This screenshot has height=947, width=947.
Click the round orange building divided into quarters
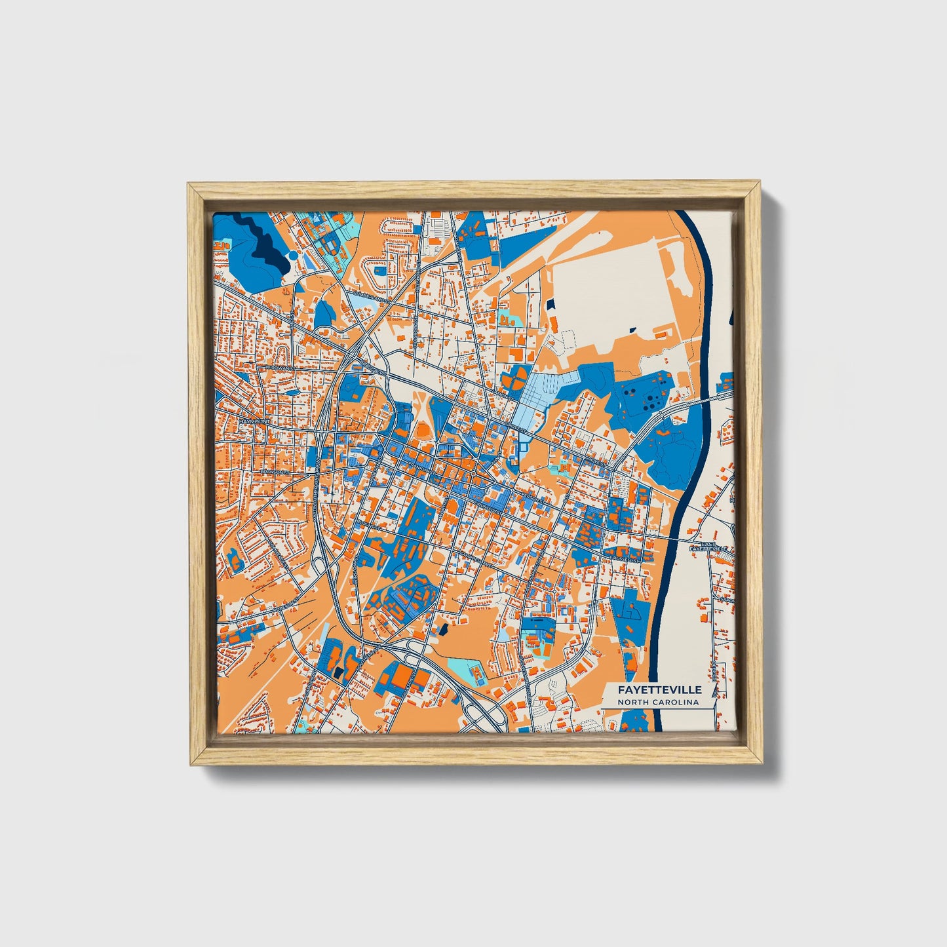point(514,378)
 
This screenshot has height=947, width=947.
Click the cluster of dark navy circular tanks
point(644,397)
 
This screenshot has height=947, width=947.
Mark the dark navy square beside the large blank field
point(550,304)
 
